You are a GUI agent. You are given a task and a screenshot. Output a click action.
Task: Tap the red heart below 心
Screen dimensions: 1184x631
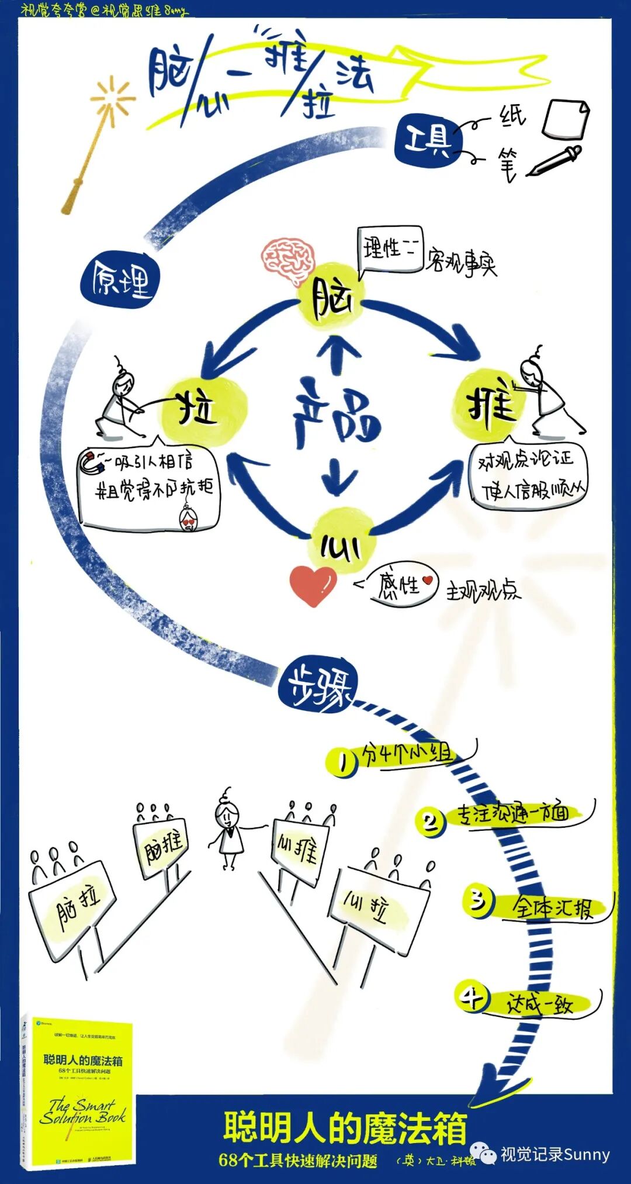click(x=313, y=585)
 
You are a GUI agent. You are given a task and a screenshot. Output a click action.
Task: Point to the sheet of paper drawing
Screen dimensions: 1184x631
click(x=565, y=119)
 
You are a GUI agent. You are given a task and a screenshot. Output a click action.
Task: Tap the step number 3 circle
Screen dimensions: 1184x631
click(x=479, y=901)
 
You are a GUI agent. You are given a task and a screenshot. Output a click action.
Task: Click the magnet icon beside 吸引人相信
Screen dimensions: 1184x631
click(x=92, y=462)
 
